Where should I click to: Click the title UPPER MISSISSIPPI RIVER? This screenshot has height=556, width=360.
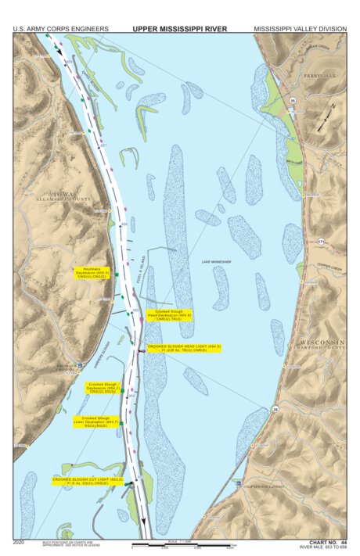pyautogui.click(x=179, y=29)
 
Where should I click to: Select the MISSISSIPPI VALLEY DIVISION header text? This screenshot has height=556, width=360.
pyautogui.click(x=300, y=29)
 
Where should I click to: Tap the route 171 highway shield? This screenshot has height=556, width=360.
pyautogui.click(x=322, y=243)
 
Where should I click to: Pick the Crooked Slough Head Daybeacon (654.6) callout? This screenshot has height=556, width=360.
pyautogui.click(x=169, y=315)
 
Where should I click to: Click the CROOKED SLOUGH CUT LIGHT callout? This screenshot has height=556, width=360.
pyautogui.click(x=89, y=480)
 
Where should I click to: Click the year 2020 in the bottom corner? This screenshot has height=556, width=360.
pyautogui.click(x=20, y=541)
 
